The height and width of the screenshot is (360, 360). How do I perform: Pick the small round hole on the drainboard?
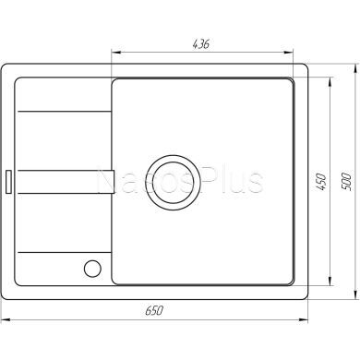pos(91,269)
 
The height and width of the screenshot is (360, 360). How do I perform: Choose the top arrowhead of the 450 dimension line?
pos(330,80)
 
